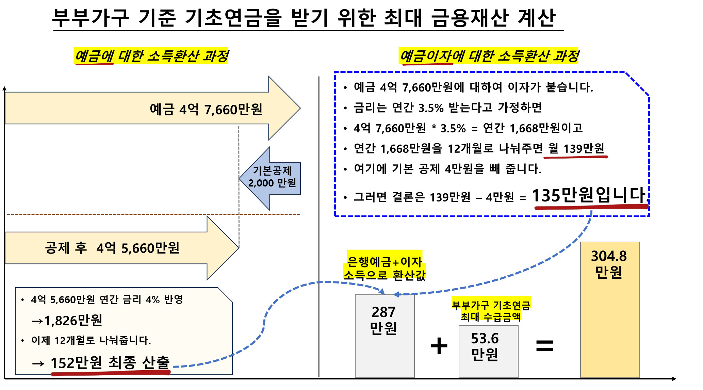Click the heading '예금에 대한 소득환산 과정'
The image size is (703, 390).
click(151, 56)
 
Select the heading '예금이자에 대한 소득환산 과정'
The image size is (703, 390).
click(488, 56)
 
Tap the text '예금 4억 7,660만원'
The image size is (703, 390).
click(206, 109)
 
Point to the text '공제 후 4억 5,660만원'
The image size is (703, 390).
click(112, 248)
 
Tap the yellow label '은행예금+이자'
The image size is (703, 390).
click(385, 262)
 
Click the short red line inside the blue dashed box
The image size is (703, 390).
click(575, 157)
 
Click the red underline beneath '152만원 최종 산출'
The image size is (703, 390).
click(111, 373)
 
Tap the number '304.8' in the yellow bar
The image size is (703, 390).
click(609, 256)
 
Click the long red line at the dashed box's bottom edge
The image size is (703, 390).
click(591, 207)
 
